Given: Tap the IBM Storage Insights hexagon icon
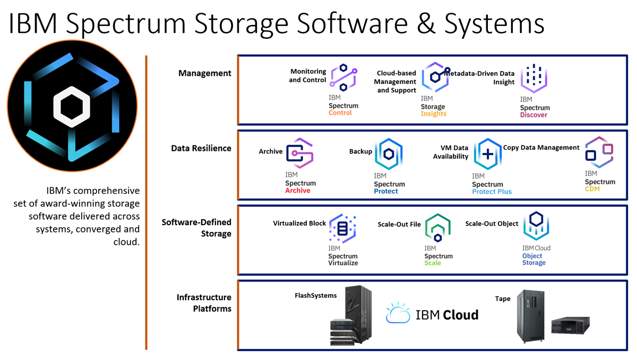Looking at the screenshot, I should [x=435, y=78].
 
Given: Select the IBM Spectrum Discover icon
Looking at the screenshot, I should [x=533, y=79].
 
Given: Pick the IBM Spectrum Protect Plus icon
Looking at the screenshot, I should [x=487, y=154].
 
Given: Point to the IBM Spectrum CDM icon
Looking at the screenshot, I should [x=599, y=152].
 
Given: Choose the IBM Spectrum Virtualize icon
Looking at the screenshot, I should [x=342, y=228].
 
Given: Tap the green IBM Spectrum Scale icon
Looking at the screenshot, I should [x=438, y=228].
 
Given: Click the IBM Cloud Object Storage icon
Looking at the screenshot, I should [x=536, y=227].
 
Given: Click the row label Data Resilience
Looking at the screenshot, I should [x=201, y=149].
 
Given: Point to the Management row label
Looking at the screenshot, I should [x=205, y=73].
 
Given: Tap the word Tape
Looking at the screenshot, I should [x=503, y=299].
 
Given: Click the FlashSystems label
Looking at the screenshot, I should [x=316, y=296].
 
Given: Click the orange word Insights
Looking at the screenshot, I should [x=434, y=114].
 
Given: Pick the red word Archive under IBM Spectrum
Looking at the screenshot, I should [x=298, y=191].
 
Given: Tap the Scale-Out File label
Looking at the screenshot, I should [x=399, y=224].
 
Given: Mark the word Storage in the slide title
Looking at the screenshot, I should [x=289, y=24].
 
